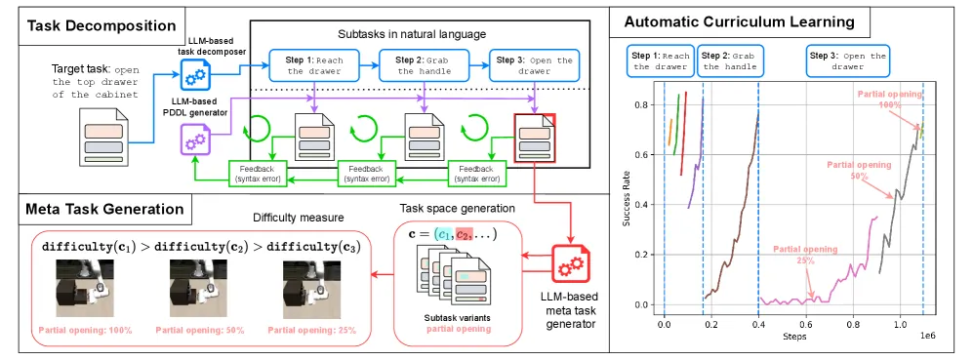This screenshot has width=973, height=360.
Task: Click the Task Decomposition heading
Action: pyautogui.click(x=101, y=25)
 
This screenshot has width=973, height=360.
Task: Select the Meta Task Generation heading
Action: pyautogui.click(x=104, y=209)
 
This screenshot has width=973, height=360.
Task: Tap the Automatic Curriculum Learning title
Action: pyautogui.click(x=739, y=22)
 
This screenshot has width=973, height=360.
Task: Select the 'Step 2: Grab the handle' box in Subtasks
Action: pyautogui.click(x=423, y=66)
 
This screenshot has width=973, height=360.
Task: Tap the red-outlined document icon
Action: pyautogui.click(x=534, y=138)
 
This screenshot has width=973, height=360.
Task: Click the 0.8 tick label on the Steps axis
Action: pyautogui.click(x=853, y=323)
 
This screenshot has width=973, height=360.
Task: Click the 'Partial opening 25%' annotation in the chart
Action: pyautogui.click(x=805, y=255)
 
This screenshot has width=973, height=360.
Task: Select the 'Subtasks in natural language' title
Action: pyautogui.click(x=412, y=33)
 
